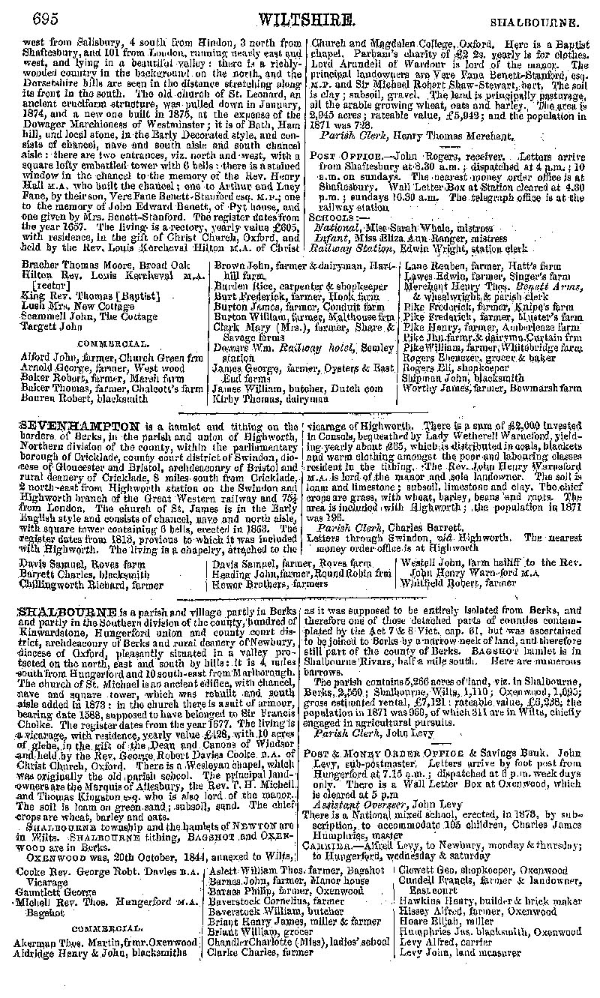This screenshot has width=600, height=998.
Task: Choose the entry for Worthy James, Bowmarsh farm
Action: coord(492,389)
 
